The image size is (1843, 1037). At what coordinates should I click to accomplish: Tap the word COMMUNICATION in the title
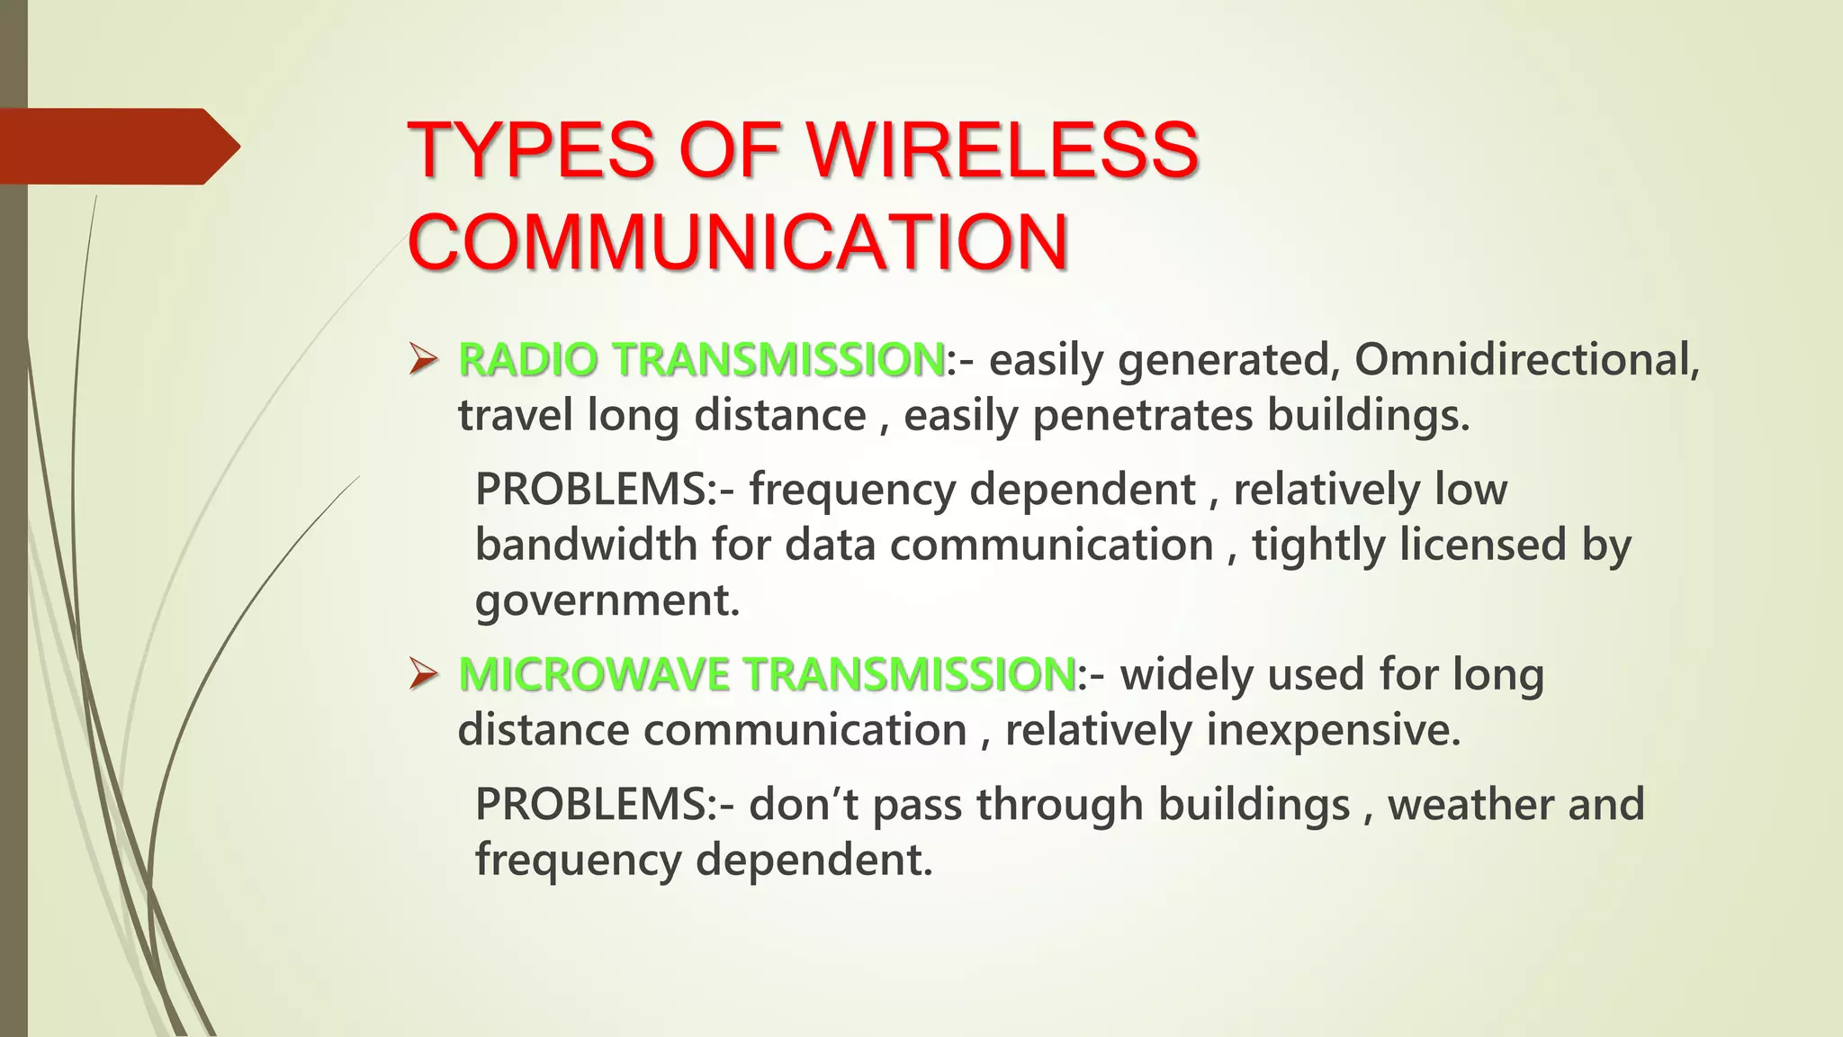point(738,242)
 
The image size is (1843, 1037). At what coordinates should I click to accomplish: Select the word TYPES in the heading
point(531,149)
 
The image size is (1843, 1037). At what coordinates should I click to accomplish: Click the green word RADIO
point(527,360)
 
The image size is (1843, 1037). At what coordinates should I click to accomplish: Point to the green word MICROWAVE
point(593,674)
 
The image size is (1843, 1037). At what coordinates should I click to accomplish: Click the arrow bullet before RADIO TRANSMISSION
point(423,360)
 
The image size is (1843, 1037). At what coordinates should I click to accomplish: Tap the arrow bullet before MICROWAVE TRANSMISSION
point(423,674)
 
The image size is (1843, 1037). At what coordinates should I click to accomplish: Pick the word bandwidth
point(586,546)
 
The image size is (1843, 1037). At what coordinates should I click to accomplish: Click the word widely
point(1186,674)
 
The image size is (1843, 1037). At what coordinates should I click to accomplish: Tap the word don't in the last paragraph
point(803,804)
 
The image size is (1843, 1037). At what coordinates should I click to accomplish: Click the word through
point(1059,804)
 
